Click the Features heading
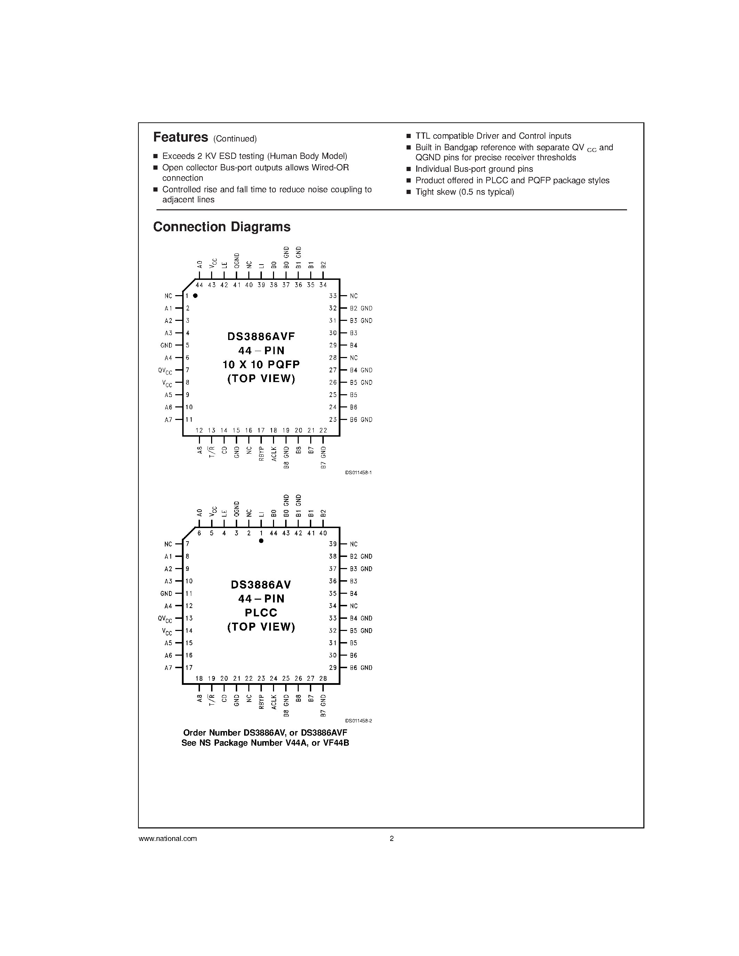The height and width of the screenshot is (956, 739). pyautogui.click(x=180, y=137)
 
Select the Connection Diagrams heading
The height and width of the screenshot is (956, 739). pyautogui.click(x=222, y=227)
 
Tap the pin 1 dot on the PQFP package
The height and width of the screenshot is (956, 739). pyautogui.click(x=195, y=296)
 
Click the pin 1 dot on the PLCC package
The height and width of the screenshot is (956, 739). pyautogui.click(x=262, y=541)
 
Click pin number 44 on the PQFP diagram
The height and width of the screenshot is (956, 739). pyautogui.click(x=199, y=285)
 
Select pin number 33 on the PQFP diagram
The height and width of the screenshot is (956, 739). pyautogui.click(x=333, y=296)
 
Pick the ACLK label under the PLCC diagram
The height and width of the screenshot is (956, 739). pyautogui.click(x=274, y=702)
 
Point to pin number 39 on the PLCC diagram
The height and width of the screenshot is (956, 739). pyautogui.click(x=333, y=544)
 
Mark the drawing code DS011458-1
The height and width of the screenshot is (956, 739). pyautogui.click(x=359, y=473)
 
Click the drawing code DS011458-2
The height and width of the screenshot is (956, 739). pyautogui.click(x=359, y=721)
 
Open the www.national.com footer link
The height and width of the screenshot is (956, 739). pyautogui.click(x=168, y=839)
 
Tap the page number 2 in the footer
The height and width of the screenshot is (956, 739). pyautogui.click(x=392, y=839)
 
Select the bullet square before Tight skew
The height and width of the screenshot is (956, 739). pyautogui.click(x=409, y=192)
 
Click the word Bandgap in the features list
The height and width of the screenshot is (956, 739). pyautogui.click(x=460, y=147)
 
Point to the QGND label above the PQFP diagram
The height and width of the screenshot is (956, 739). pyautogui.click(x=237, y=260)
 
